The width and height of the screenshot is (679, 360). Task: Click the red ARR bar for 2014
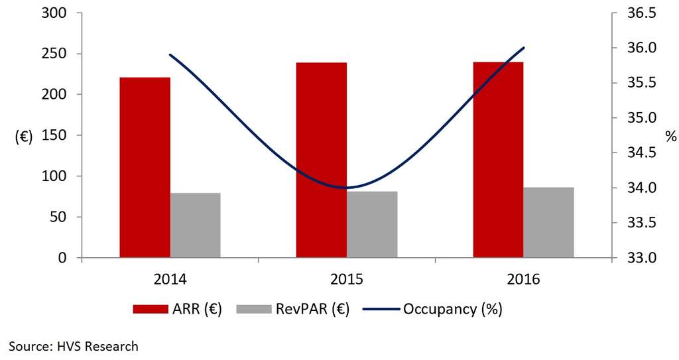[x=145, y=167]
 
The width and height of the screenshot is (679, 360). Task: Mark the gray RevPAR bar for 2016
[x=548, y=223]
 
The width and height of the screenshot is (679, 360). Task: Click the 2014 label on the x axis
[x=170, y=279]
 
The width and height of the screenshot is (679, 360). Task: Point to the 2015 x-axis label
[x=347, y=279]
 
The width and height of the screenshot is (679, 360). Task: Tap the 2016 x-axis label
[x=523, y=279]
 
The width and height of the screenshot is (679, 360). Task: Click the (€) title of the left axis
[x=25, y=137]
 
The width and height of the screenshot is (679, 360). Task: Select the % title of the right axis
[x=671, y=137]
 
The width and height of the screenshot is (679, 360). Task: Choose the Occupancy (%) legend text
[x=457, y=309]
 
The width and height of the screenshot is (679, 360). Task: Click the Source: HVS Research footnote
[x=74, y=345]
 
